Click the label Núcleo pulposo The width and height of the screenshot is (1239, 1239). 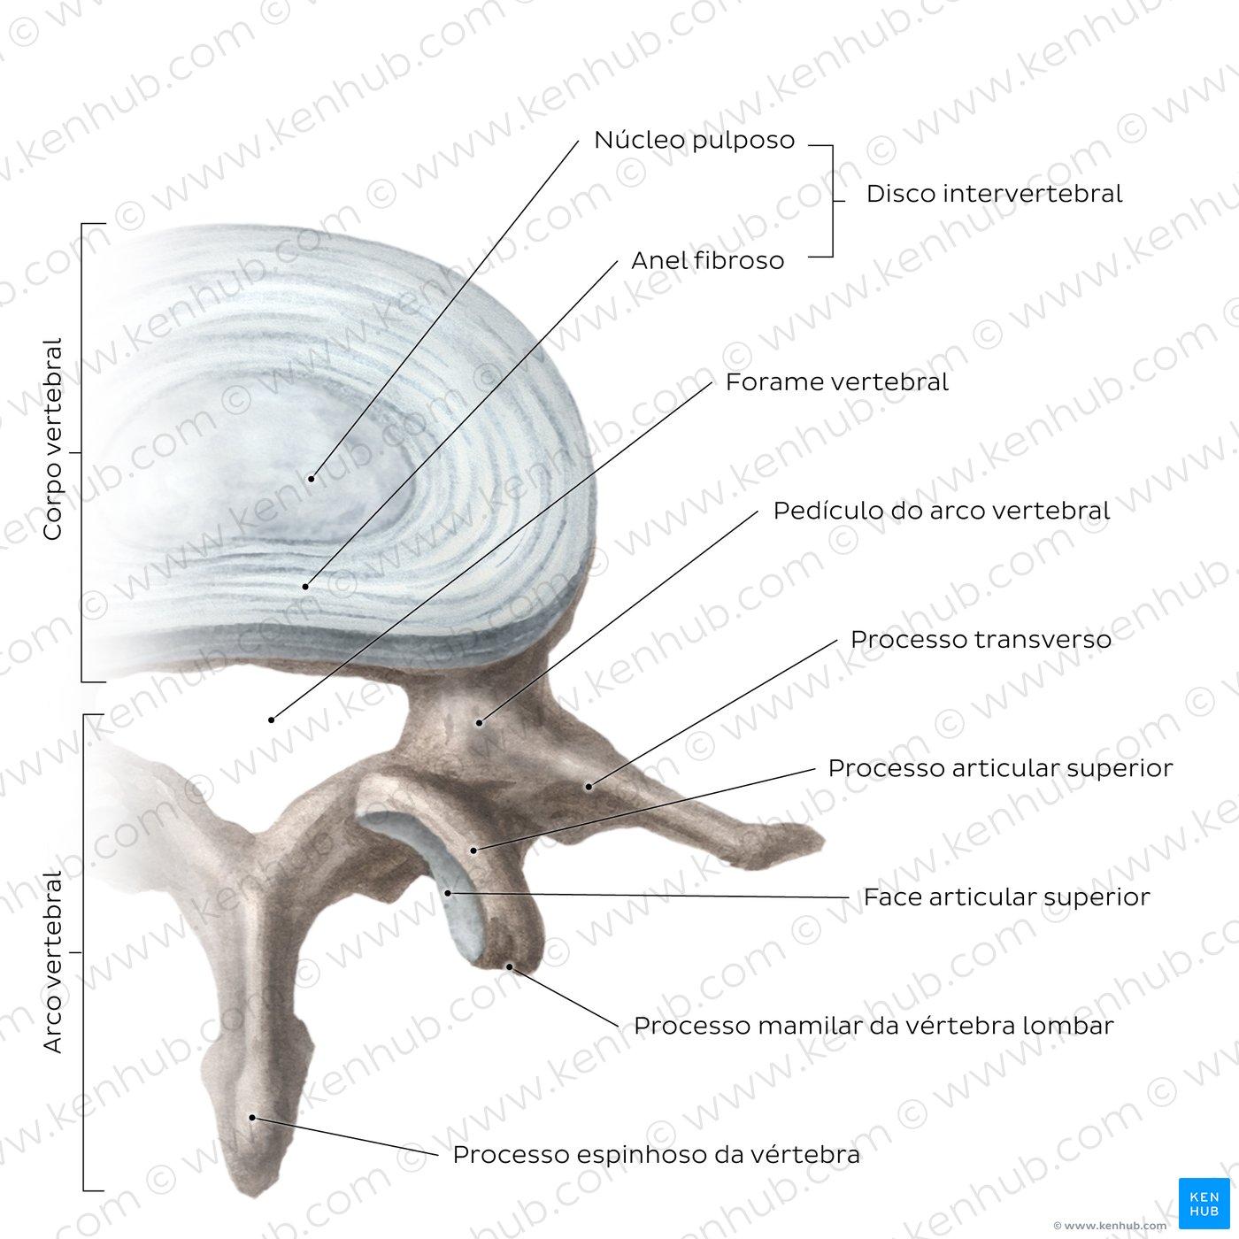pyautogui.click(x=695, y=141)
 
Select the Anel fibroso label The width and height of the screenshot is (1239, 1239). pyautogui.click(x=708, y=260)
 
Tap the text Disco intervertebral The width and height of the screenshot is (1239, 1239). pyautogui.click(x=994, y=194)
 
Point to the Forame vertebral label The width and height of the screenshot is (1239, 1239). pyautogui.click(x=836, y=382)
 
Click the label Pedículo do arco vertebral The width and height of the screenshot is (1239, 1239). pyautogui.click(x=942, y=511)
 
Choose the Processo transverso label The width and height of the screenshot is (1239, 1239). pyautogui.click(x=981, y=639)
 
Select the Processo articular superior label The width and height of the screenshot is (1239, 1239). pyautogui.click(x=1000, y=767)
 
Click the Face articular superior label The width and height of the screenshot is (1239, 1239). pyautogui.click(x=1006, y=897)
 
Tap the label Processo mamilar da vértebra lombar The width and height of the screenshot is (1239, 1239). pyautogui.click(x=873, y=1026)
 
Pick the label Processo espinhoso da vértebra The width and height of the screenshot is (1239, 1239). pyautogui.click(x=656, y=1155)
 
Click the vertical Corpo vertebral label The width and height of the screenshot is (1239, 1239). pyautogui.click(x=52, y=439)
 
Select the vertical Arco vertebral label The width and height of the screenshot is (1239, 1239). pyautogui.click(x=52, y=961)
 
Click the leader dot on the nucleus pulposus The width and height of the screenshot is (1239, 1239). pyautogui.click(x=312, y=479)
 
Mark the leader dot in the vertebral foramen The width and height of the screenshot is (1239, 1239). pyautogui.click(x=272, y=720)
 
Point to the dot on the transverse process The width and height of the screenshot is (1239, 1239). pyautogui.click(x=589, y=787)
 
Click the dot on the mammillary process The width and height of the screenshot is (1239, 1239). pyautogui.click(x=509, y=966)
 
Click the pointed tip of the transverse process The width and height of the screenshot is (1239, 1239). pyautogui.click(x=823, y=840)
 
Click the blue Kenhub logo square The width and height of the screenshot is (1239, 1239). pyautogui.click(x=1204, y=1204)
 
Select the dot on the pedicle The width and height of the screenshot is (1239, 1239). pyautogui.click(x=479, y=723)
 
